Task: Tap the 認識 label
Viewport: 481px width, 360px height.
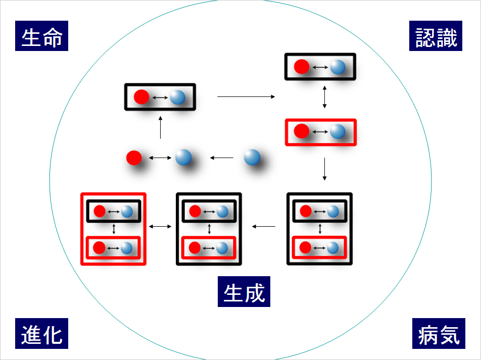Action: (436, 36)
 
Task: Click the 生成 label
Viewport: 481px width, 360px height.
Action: (244, 292)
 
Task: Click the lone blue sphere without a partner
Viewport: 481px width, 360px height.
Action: (252, 158)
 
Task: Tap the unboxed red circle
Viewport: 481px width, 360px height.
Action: (134, 158)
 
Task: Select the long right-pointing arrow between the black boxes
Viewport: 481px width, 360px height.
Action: (246, 96)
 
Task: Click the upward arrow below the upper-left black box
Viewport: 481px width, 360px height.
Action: (160, 128)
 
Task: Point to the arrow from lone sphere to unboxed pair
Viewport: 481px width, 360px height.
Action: (222, 158)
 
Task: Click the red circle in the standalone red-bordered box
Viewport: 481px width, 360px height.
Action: (302, 132)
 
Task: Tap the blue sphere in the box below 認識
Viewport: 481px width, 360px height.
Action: (338, 67)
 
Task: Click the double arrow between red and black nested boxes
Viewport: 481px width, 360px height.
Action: (161, 226)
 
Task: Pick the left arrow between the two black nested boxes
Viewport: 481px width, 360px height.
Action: (264, 226)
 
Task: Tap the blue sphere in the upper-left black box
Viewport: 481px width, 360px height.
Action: (177, 96)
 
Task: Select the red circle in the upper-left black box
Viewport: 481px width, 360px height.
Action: (141, 96)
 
